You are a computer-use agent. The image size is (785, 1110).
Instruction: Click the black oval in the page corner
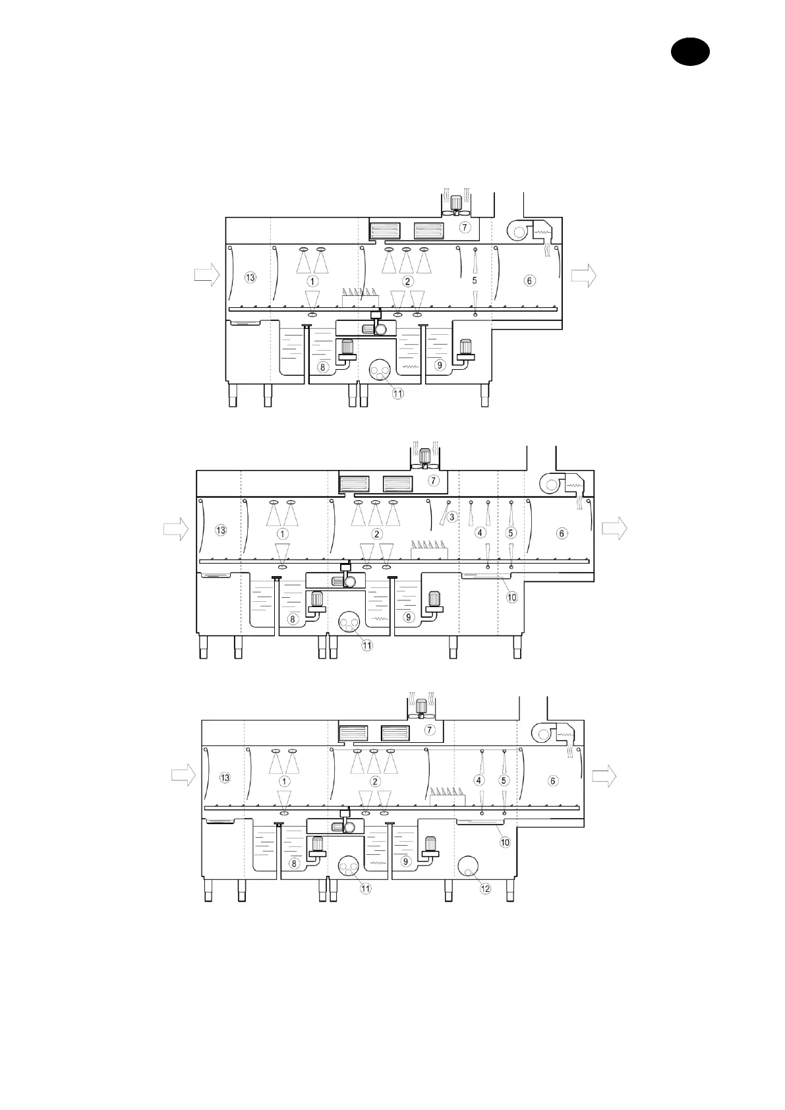[x=690, y=51]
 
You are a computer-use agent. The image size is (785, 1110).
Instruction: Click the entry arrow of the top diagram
[x=207, y=274]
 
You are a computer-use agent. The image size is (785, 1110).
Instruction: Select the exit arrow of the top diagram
[x=584, y=275]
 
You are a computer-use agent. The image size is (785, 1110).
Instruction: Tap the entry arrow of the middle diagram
[x=176, y=529]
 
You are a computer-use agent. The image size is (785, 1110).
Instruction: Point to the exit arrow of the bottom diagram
[x=604, y=775]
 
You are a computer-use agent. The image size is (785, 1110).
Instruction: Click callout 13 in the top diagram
[x=250, y=277]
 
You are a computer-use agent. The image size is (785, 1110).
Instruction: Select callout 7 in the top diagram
[x=465, y=227]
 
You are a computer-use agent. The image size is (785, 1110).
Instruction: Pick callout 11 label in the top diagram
[x=398, y=394]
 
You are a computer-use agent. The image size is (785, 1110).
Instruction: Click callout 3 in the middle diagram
[x=451, y=517]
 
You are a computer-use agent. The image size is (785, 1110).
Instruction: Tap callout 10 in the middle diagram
[x=512, y=597]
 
